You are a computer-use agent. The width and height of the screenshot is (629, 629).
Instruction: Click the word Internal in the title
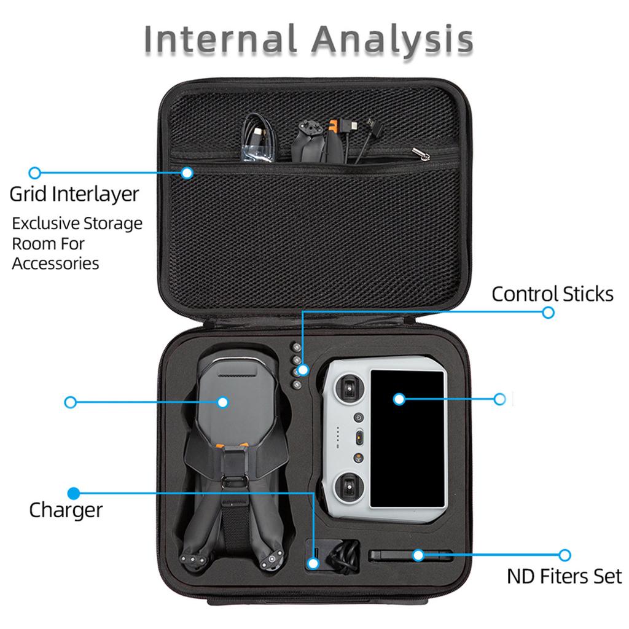[x=220, y=39]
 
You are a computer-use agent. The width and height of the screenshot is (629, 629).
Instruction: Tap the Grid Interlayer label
[x=74, y=195]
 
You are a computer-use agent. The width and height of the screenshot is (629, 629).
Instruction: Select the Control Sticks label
[x=552, y=294]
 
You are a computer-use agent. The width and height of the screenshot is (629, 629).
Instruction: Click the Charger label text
[x=66, y=510]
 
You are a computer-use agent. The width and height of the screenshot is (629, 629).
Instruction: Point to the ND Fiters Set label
[x=565, y=576]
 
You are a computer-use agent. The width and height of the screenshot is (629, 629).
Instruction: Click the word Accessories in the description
[x=55, y=264]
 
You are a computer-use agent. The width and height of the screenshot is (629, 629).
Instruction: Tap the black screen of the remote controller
[x=408, y=439]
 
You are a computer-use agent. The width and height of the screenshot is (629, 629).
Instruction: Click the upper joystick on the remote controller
[x=349, y=388]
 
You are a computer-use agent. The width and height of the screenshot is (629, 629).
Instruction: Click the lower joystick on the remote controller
[x=350, y=486]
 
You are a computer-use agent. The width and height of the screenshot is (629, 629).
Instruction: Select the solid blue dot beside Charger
[x=74, y=493]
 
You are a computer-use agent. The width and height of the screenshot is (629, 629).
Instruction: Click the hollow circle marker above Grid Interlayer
[x=35, y=173]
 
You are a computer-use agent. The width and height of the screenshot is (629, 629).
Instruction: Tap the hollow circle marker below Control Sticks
[x=548, y=313]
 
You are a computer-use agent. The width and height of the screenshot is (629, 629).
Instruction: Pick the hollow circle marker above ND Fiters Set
[x=565, y=555]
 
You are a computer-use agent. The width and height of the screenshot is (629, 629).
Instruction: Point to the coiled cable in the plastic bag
[x=259, y=138]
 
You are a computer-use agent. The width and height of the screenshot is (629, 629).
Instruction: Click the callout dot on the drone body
[x=222, y=402]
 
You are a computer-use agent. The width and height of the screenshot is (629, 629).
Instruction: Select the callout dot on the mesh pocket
[x=187, y=173]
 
